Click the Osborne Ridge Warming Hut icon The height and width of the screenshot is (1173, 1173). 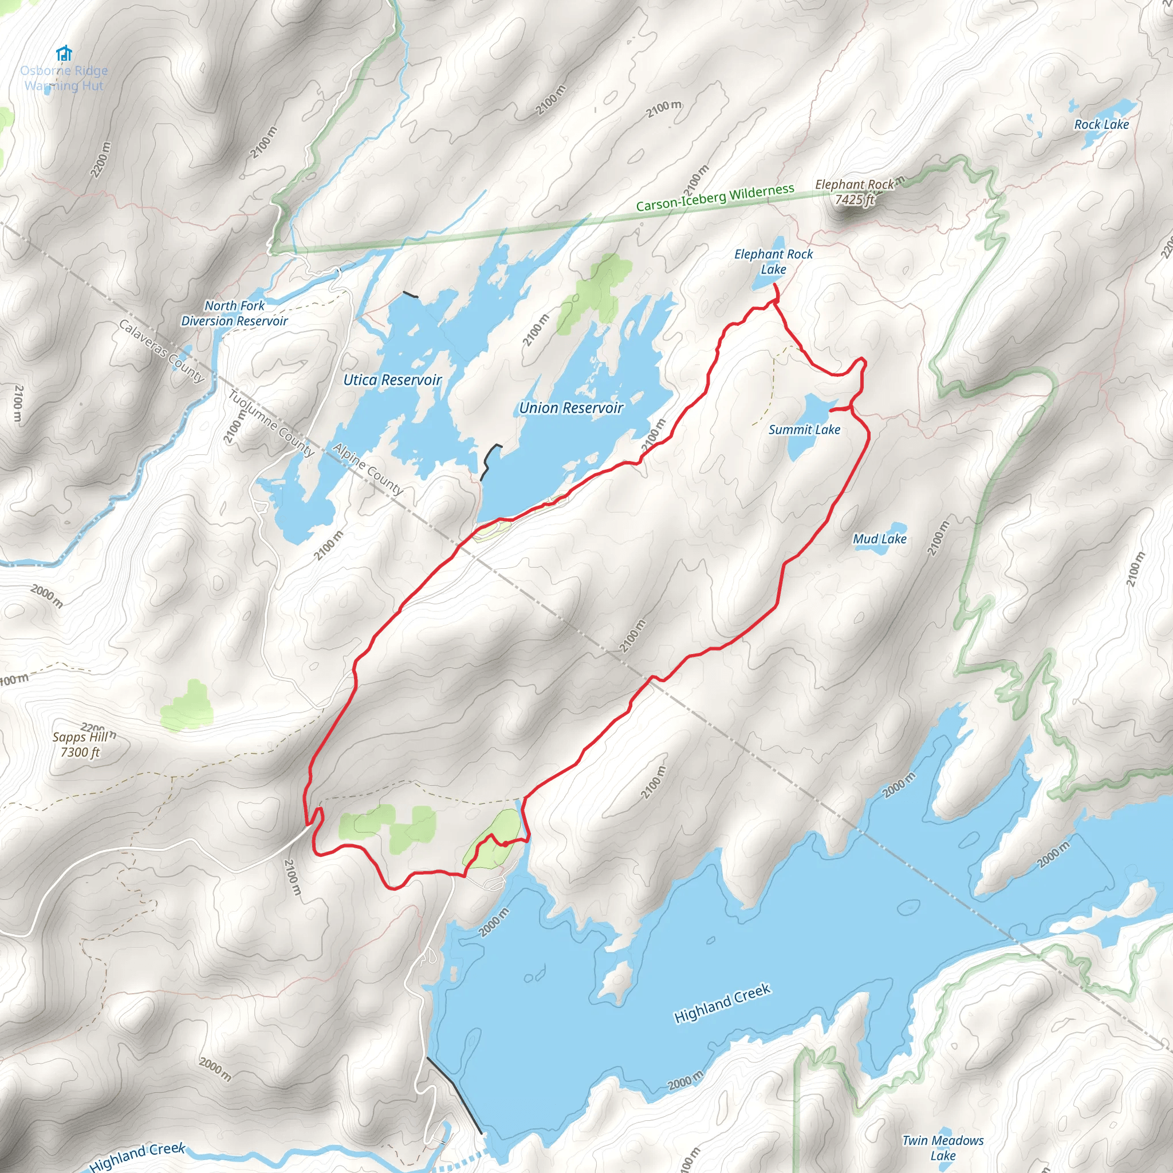(64, 54)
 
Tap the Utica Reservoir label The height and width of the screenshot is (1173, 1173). (392, 380)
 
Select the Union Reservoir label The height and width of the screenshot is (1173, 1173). (570, 408)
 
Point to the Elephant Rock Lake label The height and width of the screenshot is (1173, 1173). (773, 262)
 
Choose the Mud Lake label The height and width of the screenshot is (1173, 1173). (879, 539)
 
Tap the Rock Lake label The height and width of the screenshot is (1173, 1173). (1101, 124)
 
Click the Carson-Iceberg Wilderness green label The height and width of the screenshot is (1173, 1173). (715, 198)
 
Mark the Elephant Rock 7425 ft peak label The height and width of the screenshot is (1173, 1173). (854, 192)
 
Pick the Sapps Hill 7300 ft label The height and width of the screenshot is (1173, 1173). (80, 745)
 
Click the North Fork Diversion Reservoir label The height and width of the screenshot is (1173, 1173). (234, 313)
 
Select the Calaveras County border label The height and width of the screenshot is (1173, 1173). (161, 351)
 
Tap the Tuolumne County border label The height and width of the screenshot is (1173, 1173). (271, 423)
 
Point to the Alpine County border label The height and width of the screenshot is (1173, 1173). (368, 469)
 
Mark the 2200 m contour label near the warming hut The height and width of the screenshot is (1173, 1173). (101, 160)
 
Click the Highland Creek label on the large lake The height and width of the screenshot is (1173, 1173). (722, 1003)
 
